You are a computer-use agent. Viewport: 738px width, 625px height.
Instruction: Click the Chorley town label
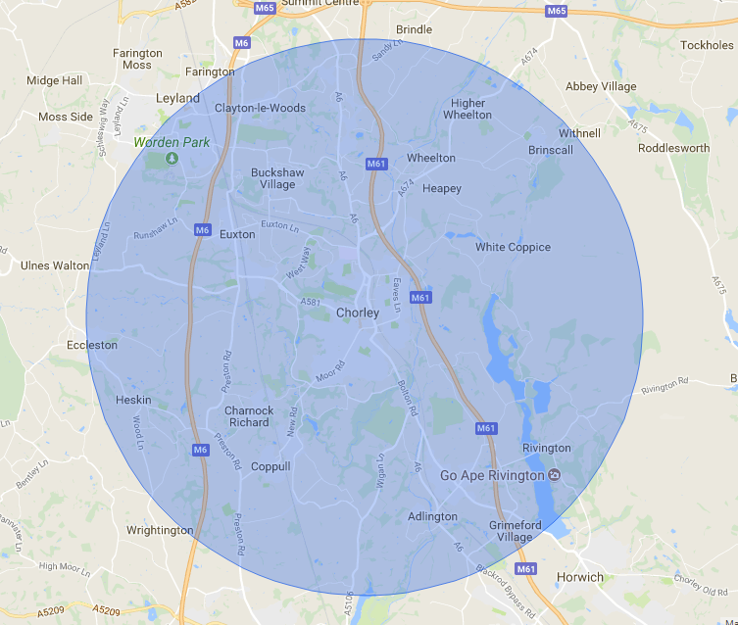[357, 313]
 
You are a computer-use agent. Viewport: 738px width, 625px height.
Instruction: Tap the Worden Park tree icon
[172, 158]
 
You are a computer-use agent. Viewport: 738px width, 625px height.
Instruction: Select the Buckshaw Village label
[277, 178]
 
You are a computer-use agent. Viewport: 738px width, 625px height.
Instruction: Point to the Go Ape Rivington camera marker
[555, 475]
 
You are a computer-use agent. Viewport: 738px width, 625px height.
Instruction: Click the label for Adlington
[432, 516]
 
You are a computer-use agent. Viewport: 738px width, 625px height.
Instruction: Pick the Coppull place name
[271, 466]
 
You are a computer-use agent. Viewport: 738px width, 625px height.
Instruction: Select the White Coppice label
[513, 247]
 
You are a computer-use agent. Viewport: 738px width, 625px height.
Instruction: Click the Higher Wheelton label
[467, 109]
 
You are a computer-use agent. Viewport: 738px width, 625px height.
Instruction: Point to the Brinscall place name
[551, 150]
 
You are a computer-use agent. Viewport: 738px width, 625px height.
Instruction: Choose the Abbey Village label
[601, 86]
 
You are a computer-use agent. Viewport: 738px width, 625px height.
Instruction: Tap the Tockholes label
[707, 45]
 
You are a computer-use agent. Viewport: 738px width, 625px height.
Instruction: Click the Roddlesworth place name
[673, 148]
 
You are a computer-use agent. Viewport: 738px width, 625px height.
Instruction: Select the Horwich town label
[580, 577]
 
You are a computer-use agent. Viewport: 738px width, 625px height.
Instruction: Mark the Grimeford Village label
[513, 531]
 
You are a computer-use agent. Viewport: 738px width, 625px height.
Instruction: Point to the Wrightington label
[160, 530]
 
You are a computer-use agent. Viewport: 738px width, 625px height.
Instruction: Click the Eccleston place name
[91, 345]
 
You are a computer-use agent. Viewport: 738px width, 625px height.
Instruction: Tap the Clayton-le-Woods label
[260, 108]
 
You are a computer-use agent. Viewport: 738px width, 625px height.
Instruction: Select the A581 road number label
[311, 302]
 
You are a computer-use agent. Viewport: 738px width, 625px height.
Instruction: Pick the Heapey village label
[441, 188]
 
